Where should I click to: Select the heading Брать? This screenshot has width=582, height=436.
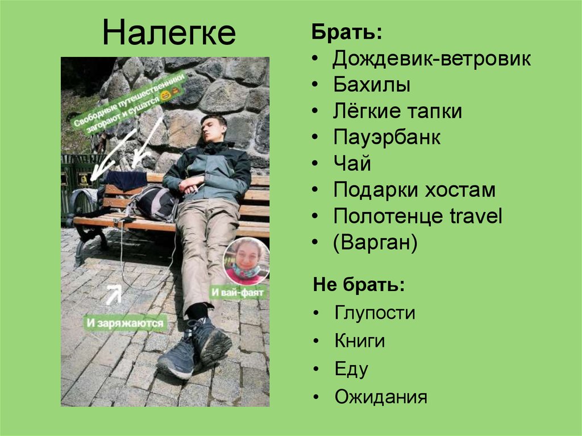[347, 33]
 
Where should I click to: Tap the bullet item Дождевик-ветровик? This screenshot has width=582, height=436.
[432, 59]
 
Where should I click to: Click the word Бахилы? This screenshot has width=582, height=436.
[372, 85]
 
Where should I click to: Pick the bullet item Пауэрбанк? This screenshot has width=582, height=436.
[387, 138]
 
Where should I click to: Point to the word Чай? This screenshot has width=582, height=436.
[352, 164]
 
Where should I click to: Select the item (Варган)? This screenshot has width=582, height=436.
[376, 243]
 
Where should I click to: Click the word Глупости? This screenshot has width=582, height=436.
[375, 313]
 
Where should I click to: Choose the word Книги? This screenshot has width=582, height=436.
[360, 341]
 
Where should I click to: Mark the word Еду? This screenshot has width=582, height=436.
[351, 369]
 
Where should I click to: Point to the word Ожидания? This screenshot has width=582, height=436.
[380, 397]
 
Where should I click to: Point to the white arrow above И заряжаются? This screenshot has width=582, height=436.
[114, 294]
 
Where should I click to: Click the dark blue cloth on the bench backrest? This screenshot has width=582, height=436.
[126, 180]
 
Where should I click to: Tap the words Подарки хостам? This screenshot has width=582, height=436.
[414, 190]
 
